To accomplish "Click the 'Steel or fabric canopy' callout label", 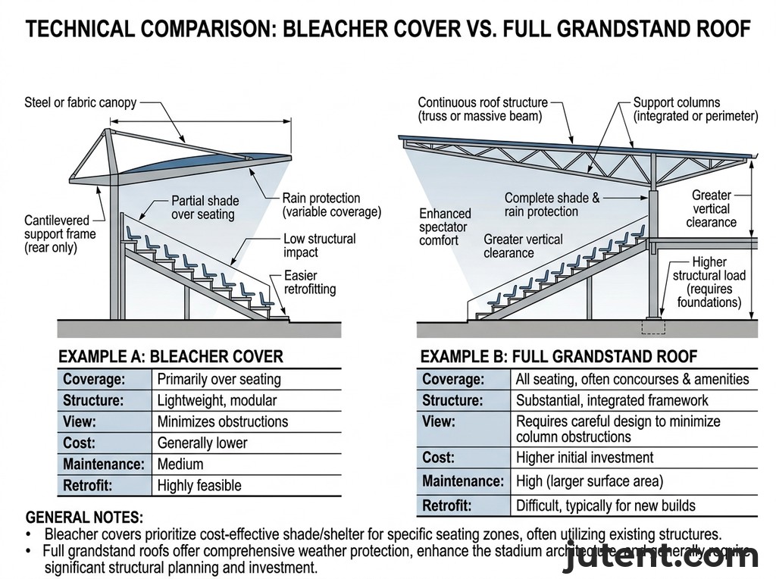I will [80, 102].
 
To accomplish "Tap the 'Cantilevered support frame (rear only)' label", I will [60, 234].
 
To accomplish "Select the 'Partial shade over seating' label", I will [205, 208].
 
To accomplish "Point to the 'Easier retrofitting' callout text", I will [310, 282].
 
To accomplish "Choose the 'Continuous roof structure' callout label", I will [483, 109].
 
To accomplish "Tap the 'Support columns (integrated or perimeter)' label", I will [695, 109].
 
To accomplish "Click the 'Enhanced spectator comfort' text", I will [445, 227].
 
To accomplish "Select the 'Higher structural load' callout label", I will [709, 282].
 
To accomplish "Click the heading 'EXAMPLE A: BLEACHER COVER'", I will [171, 356].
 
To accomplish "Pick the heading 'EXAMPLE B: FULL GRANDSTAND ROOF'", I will [559, 356].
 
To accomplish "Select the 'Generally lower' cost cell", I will [202, 443].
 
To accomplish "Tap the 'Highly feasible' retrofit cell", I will [199, 485].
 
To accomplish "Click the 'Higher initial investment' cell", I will [584, 458].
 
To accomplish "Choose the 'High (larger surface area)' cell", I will [590, 480].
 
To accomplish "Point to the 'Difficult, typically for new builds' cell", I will [605, 505].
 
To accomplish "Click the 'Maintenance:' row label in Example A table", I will [103, 464].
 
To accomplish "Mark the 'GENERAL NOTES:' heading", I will [84, 518].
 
